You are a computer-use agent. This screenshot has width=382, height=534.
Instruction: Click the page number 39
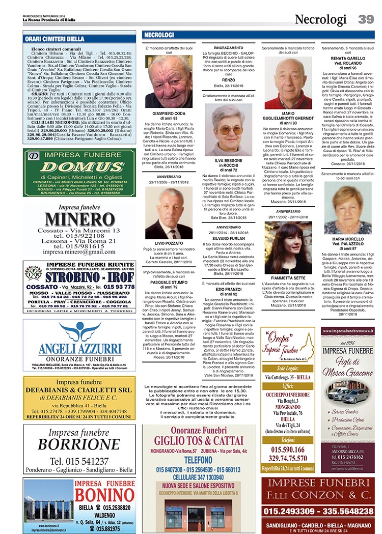(x=366, y=19)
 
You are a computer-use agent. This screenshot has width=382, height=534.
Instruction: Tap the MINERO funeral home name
(x=79, y=219)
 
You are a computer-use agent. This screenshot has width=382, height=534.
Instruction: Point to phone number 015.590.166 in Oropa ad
(x=288, y=449)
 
